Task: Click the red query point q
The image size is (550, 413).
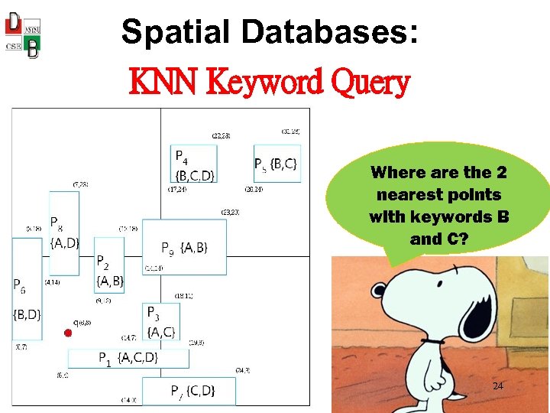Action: coord(67,333)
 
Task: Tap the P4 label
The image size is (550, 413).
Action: coord(182,158)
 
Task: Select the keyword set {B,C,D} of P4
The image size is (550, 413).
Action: coord(196,175)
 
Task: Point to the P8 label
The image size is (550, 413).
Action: coord(57,223)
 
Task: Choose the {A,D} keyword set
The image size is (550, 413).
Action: coord(64,243)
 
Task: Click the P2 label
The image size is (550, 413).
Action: coord(102,262)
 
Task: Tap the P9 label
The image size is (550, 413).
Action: coord(168,248)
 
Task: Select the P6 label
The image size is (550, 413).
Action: coord(19,285)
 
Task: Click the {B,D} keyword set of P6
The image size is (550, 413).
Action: coord(27,314)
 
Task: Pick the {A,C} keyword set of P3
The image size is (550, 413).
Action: coord(161,332)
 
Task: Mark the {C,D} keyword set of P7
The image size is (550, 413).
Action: coord(200,392)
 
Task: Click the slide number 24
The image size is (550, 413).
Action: coord(497,386)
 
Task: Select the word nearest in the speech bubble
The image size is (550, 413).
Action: coord(405,195)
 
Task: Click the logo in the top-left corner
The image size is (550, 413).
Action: coord(23,34)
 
